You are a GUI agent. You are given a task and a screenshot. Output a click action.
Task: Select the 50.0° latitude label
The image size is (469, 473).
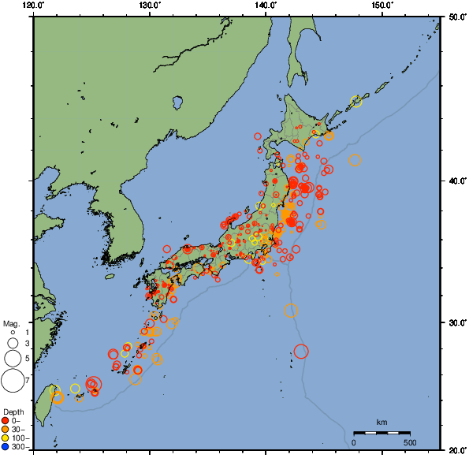tap(456, 16)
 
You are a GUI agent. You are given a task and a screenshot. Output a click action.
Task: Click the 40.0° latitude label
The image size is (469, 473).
tap(456, 181)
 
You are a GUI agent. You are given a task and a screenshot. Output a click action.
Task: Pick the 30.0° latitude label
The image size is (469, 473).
tap(456, 324)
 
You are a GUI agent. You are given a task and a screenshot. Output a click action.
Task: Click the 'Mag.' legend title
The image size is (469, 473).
tap(11, 323)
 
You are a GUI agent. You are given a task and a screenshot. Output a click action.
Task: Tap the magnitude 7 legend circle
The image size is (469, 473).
tap(13, 381)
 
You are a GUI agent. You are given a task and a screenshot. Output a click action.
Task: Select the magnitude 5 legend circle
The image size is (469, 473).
tap(13, 358)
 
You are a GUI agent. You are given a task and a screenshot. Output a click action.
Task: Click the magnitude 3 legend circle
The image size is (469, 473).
tap(13, 344)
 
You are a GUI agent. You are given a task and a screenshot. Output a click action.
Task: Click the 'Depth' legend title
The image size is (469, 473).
tap(13, 412)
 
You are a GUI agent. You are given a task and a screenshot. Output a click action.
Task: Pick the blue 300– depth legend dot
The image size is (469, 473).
tap(6, 447)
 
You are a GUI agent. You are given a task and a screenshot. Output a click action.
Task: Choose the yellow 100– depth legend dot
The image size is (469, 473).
tap(6, 438)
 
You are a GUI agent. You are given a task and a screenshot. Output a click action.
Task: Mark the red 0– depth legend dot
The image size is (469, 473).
tap(6, 420)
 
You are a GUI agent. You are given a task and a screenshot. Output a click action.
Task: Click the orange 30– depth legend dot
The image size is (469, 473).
tap(6, 429)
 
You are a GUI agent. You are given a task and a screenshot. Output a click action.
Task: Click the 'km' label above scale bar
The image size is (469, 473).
tap(382, 423)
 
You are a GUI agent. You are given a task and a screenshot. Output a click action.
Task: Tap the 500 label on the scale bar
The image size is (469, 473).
tap(410, 442)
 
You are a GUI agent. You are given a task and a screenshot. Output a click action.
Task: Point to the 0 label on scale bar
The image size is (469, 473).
tap(354, 442)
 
